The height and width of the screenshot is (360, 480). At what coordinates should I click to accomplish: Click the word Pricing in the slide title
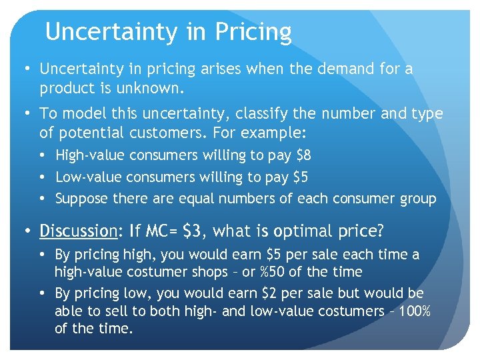255,32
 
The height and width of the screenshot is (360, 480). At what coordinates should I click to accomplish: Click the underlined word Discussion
78,231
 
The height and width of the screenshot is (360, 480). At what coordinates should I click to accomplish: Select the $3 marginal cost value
195,231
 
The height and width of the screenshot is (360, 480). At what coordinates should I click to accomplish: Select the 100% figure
414,311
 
